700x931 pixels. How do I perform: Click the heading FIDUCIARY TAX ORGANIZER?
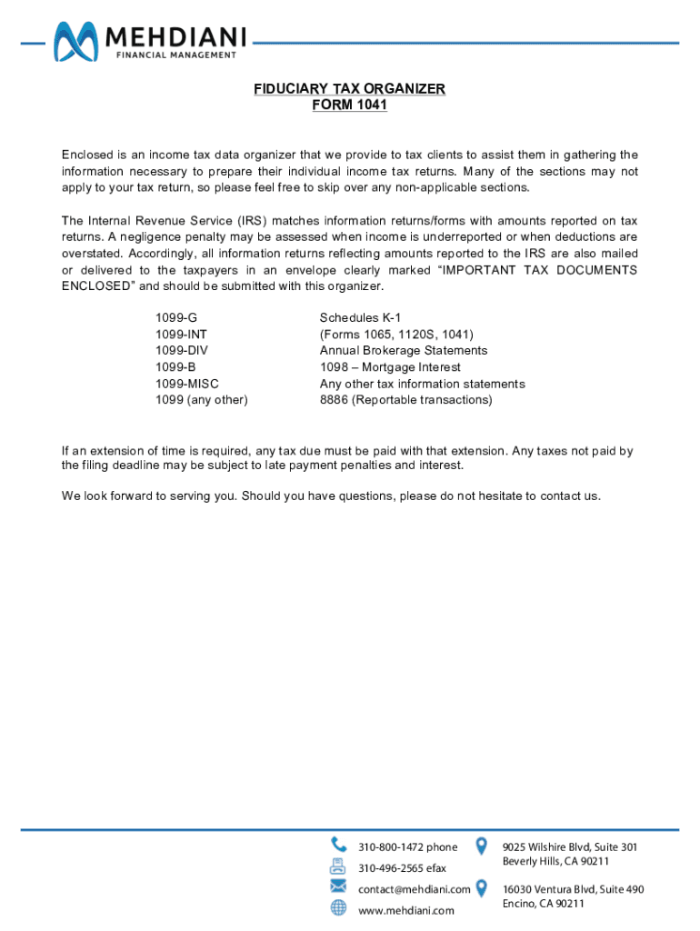tap(349, 89)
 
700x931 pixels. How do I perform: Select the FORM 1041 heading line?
tap(349, 105)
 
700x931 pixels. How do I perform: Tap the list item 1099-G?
tap(175, 318)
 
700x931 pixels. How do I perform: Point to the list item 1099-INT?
tap(181, 335)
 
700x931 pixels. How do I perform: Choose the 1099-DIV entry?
tap(181, 351)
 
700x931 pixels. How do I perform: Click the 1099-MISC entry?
tap(186, 384)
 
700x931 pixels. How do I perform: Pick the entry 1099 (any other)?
tap(201, 400)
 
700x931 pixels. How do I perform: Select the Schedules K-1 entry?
tap(360, 318)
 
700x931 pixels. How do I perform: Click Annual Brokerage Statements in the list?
tap(404, 351)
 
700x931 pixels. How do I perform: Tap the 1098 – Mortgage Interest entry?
tap(390, 367)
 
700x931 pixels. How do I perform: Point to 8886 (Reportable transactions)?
tap(405, 400)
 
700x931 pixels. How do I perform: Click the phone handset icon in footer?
tap(338, 845)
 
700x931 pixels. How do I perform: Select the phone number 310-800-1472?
tap(407, 847)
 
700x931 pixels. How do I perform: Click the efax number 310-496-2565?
tap(402, 868)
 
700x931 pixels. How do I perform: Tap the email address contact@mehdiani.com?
tap(414, 889)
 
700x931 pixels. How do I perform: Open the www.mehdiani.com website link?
tap(405, 910)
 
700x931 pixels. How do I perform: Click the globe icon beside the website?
tap(338, 907)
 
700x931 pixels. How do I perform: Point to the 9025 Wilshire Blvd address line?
tap(569, 846)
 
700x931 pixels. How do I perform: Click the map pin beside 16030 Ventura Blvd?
tap(482, 889)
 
